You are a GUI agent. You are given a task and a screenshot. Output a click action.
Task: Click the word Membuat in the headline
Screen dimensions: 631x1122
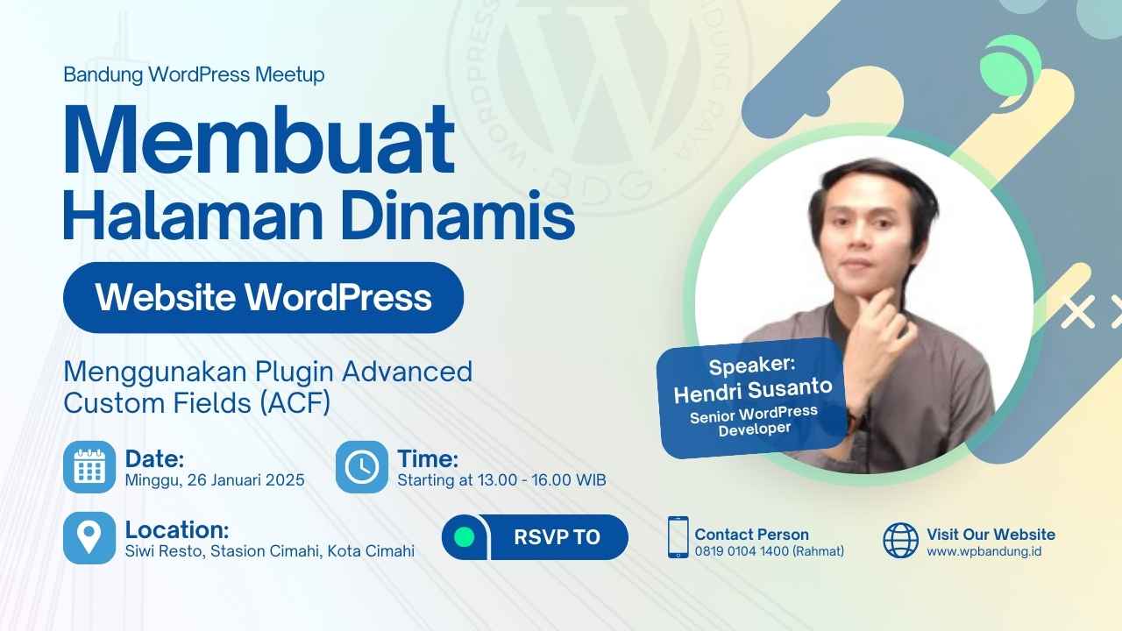coord(259,140)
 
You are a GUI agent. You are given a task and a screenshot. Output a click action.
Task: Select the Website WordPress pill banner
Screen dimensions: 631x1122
coord(263,297)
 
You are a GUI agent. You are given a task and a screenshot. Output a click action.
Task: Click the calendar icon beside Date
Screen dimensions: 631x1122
coord(89,467)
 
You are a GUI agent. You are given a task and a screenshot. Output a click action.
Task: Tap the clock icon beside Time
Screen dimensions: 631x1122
coord(361,467)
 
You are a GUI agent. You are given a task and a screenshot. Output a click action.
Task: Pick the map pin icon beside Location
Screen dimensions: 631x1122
coord(89,537)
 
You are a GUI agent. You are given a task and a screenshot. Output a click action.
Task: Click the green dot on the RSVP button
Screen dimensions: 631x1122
coord(465,537)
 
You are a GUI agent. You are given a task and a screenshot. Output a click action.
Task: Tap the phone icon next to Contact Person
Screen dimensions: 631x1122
coord(678,537)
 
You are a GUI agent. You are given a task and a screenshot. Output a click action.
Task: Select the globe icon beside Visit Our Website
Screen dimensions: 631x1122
coord(900,541)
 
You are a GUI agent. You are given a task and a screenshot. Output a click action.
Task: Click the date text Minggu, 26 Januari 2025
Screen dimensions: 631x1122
coord(215,480)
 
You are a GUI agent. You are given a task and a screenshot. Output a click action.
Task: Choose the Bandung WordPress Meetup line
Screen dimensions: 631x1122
coord(194,74)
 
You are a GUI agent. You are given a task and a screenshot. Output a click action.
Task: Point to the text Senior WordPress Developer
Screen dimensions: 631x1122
coord(753,421)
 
